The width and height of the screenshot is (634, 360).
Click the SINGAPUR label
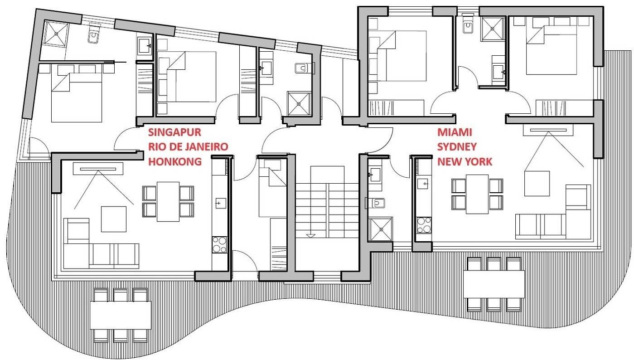pyautogui.click(x=174, y=132)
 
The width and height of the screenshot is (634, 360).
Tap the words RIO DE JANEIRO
pyautogui.click(x=188, y=147)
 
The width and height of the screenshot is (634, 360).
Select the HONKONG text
pyautogui.click(x=175, y=161)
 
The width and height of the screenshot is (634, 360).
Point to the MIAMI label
pyautogui.click(x=455, y=132)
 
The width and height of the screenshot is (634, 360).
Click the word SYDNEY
pyautogui.click(x=457, y=147)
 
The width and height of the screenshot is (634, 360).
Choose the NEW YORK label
pyautogui.click(x=465, y=161)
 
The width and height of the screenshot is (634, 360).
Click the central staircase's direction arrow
pyautogui.click(x=310, y=235)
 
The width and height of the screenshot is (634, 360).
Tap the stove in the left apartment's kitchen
pyautogui.click(x=219, y=245)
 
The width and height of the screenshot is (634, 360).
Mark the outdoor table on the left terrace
pyautogui.click(x=121, y=315)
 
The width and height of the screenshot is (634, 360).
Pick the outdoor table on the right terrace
pyautogui.click(x=494, y=284)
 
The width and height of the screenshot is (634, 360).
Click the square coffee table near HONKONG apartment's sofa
pyautogui.click(x=113, y=219)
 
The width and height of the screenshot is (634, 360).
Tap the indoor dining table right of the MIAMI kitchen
pyautogui.click(x=477, y=194)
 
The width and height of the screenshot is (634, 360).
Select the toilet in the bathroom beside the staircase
pyautogui.click(x=377, y=203)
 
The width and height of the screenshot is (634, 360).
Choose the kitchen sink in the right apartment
pyautogui.click(x=424, y=184)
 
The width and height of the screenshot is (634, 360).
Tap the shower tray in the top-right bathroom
pyautogui.click(x=493, y=29)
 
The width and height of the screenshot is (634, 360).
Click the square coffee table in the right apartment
pyautogui.click(x=537, y=183)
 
